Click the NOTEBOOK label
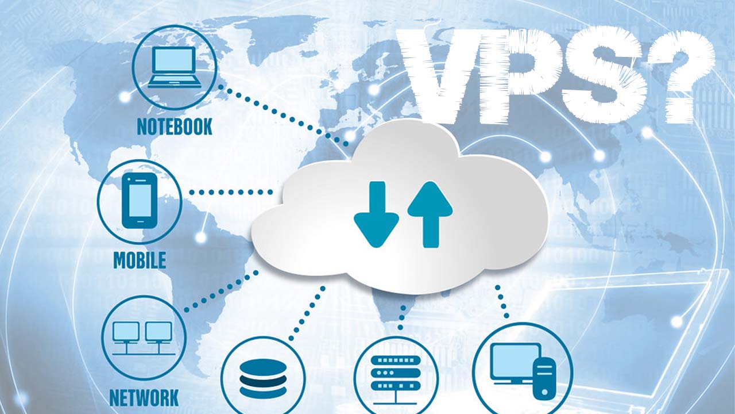point(175,126)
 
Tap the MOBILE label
point(140,260)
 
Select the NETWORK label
point(144,397)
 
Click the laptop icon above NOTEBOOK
point(175,67)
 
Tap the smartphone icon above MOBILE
point(140,200)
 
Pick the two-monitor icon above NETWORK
point(143,336)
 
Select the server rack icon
point(396,374)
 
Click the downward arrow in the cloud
point(376,213)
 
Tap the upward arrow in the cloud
point(430,213)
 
